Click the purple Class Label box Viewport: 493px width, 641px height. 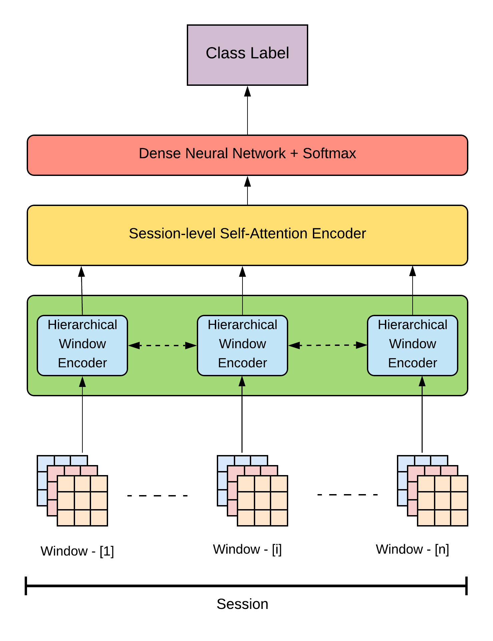tap(247, 55)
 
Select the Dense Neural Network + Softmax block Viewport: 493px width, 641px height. tap(247, 155)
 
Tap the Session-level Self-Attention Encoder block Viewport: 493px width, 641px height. tap(247, 235)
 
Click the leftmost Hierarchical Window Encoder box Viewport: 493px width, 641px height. tap(82, 345)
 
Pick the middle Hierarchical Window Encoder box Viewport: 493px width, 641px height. tap(242, 345)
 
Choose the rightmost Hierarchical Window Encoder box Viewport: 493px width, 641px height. tap(412, 345)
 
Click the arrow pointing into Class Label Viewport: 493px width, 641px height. tap(248, 110)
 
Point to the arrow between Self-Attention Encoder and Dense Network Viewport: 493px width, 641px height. tap(248, 190)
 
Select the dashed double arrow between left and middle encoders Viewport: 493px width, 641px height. tap(162, 346)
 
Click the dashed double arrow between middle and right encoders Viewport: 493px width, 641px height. tap(328, 345)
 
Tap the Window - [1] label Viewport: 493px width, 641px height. tap(77, 551)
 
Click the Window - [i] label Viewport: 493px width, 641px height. tap(247, 549)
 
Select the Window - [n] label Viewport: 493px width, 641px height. tap(412, 549)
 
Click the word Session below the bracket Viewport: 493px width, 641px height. tap(242, 604)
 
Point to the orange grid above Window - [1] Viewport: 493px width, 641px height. tap(82, 501)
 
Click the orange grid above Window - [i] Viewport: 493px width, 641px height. tap(263, 501)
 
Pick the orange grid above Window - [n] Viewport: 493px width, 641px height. tap(443, 501)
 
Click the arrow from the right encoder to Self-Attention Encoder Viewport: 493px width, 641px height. tap(413, 290)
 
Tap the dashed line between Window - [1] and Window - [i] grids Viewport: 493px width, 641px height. tap(157, 496)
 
